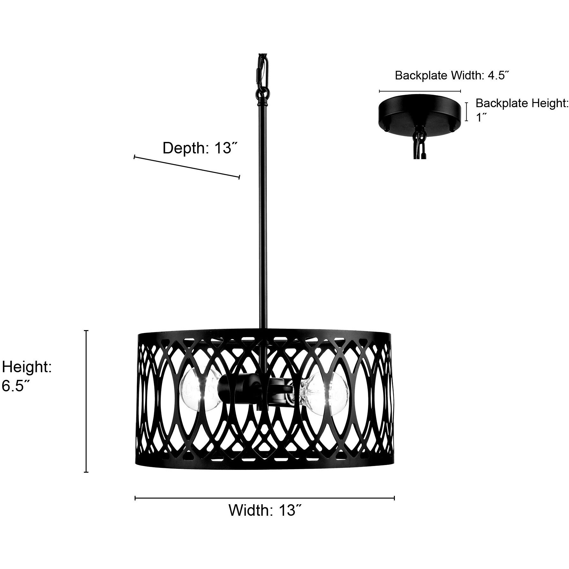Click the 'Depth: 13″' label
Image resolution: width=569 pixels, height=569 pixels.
click(201, 148)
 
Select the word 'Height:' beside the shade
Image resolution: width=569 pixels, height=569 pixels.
click(27, 367)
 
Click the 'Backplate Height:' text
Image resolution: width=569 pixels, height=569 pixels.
click(522, 103)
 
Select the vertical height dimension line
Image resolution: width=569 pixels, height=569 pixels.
click(86, 401)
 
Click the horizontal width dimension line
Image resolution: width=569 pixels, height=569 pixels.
click(265, 498)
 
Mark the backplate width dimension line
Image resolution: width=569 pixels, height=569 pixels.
click(420, 91)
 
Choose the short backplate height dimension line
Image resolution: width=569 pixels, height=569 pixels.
click(467, 112)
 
